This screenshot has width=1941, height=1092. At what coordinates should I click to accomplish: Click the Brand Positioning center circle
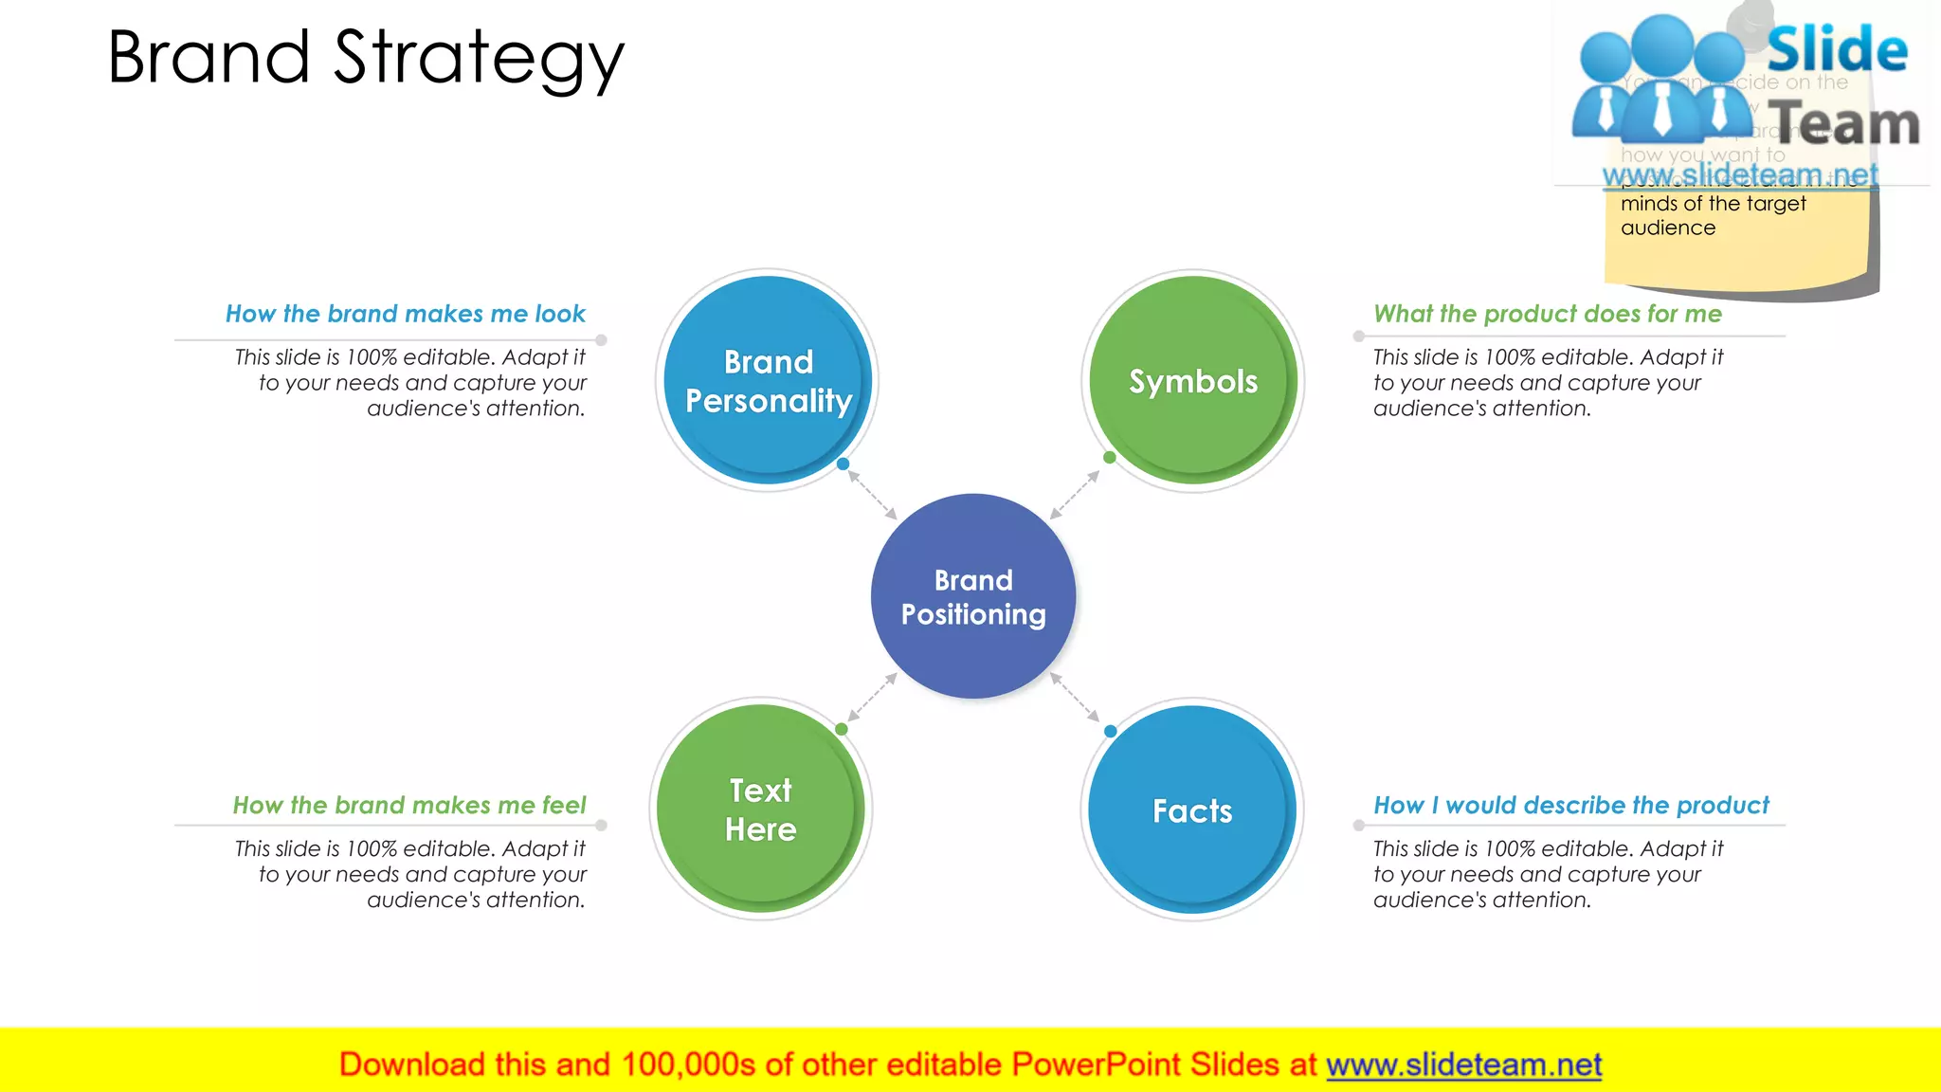click(973, 596)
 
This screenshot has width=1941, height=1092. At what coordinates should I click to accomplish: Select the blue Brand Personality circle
click(768, 380)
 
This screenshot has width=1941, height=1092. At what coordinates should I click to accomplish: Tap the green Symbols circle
click(1193, 380)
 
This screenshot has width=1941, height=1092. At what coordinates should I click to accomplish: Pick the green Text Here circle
click(761, 809)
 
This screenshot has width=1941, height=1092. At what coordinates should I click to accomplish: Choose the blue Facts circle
click(1192, 810)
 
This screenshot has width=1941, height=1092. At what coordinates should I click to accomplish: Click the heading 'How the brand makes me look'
click(406, 314)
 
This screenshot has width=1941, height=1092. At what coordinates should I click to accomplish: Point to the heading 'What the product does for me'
click(1547, 314)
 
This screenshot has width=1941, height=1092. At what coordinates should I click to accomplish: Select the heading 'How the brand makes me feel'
click(409, 805)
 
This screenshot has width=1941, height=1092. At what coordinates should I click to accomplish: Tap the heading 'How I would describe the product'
click(1570, 805)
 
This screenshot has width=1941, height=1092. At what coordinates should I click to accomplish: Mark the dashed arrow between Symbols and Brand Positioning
click(1075, 495)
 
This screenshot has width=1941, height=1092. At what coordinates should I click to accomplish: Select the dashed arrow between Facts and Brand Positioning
click(1075, 697)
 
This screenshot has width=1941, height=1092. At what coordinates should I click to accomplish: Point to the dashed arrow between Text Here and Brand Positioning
click(872, 697)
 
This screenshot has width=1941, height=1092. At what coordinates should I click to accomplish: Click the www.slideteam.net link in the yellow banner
click(1463, 1065)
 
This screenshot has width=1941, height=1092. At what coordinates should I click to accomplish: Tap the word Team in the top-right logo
click(1844, 124)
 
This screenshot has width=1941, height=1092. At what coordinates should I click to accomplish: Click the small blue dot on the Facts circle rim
click(1110, 731)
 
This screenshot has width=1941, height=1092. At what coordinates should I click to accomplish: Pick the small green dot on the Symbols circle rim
click(1109, 458)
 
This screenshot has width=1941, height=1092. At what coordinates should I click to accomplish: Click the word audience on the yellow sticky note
click(1667, 227)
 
